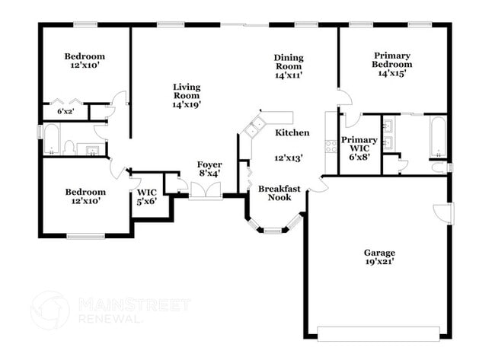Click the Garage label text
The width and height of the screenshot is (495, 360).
[378, 252]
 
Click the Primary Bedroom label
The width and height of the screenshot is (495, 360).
[392, 60]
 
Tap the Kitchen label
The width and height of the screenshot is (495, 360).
[292, 132]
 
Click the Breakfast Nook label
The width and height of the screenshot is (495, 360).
[275, 193]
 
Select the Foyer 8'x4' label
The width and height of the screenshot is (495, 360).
[209, 169]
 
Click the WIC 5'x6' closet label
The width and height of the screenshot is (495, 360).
[146, 197]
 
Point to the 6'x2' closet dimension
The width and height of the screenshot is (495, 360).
[66, 112]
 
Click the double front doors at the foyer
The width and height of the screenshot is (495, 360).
[205, 191]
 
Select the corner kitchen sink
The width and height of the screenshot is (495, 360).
[254, 126]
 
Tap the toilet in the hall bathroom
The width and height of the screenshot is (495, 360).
[69, 147]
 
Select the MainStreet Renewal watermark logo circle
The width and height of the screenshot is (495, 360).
[50, 311]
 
